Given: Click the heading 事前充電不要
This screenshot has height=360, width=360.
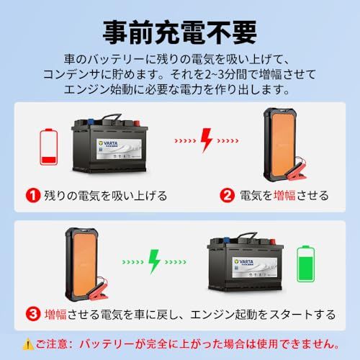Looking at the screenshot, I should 179,31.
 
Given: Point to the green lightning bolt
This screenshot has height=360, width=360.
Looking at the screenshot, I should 153,261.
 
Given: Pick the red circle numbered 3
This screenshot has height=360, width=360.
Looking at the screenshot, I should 32,314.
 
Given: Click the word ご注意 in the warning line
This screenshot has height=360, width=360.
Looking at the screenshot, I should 55,344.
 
